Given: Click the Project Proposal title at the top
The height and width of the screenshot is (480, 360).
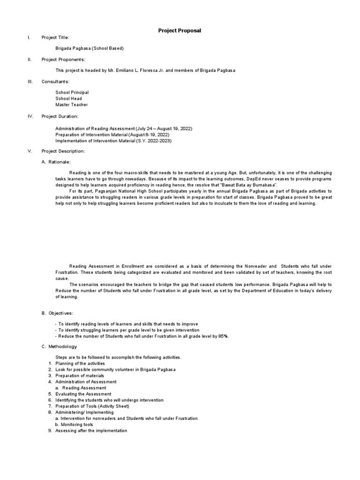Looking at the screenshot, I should coord(180,30).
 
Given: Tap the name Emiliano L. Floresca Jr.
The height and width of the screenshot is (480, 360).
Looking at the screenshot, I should coord(144,70).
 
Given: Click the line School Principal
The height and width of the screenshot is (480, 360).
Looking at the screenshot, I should coord(72,93).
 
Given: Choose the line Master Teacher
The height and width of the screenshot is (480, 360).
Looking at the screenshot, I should coord(71,105).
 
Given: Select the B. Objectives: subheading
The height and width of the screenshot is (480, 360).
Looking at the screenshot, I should coord(58,313).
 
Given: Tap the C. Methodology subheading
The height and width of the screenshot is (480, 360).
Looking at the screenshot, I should coord(58,346).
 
